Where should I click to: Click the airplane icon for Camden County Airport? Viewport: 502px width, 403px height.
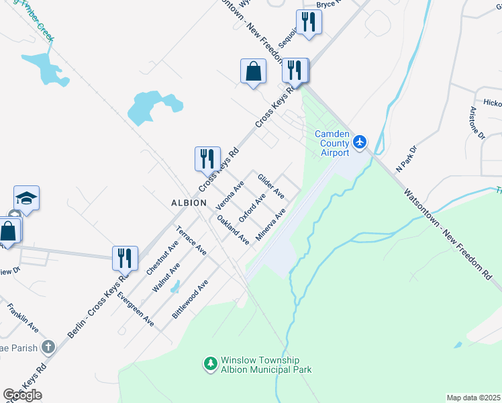(x=361, y=142)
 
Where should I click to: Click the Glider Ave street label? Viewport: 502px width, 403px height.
(x=271, y=186)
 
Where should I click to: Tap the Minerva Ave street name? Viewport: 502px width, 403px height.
(x=271, y=225)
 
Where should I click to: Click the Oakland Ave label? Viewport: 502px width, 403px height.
(x=233, y=229)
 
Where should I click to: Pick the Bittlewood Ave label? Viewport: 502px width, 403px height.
(x=190, y=299)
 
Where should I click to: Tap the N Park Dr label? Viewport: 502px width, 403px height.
(x=406, y=159)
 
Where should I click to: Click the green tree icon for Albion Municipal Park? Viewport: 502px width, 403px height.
(x=210, y=363)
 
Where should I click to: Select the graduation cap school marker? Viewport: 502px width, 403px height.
(x=26, y=198)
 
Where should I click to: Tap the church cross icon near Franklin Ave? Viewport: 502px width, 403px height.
(x=47, y=347)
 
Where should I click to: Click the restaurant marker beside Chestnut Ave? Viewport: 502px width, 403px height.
(x=125, y=257)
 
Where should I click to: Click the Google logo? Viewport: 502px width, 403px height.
(x=22, y=395)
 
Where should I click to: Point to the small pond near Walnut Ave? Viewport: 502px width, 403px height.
(x=175, y=287)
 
